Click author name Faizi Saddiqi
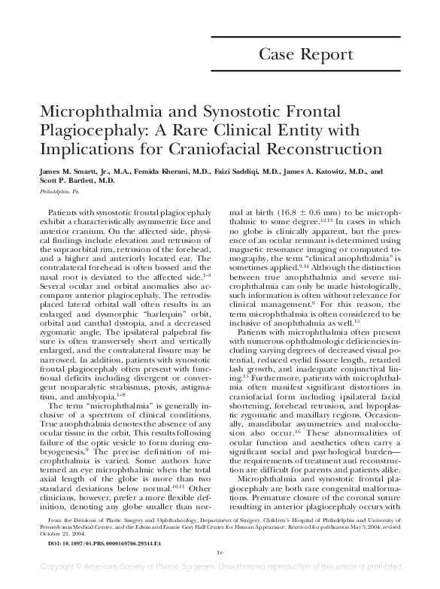click(x=237, y=172)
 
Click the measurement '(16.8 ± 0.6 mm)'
click(x=295, y=214)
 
